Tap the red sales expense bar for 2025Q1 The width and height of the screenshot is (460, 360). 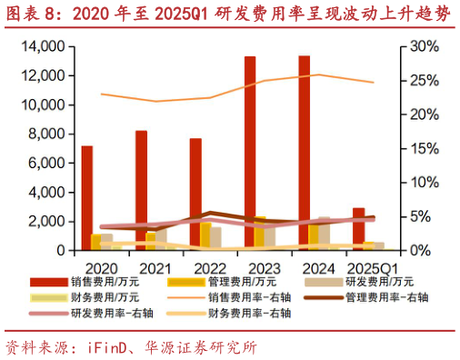pos(358,228)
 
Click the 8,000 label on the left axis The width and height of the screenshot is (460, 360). pos(43,134)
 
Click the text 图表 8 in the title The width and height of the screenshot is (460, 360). pos(30,14)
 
